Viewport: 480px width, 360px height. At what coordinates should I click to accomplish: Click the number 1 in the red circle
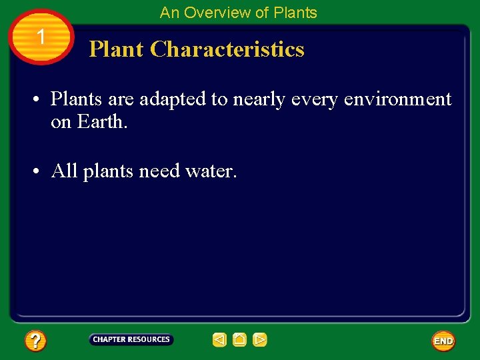(41, 37)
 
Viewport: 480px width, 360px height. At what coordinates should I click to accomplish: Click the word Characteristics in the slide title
(227, 49)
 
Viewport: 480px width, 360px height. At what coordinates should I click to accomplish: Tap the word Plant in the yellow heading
(117, 49)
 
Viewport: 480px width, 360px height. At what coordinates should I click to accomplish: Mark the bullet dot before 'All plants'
(38, 172)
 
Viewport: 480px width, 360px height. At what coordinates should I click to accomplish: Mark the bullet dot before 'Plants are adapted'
(38, 100)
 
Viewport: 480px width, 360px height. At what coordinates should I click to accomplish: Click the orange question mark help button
(35, 341)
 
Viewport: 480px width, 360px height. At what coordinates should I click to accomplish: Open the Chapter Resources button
(131, 340)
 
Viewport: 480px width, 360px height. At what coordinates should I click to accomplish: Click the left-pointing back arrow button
(219, 340)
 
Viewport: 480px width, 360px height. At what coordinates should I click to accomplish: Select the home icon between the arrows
(239, 340)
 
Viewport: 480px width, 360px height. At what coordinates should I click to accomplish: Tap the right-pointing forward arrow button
(260, 340)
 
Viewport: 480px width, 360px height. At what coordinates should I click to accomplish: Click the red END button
(443, 341)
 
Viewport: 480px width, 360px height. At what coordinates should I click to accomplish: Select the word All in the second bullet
(65, 171)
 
